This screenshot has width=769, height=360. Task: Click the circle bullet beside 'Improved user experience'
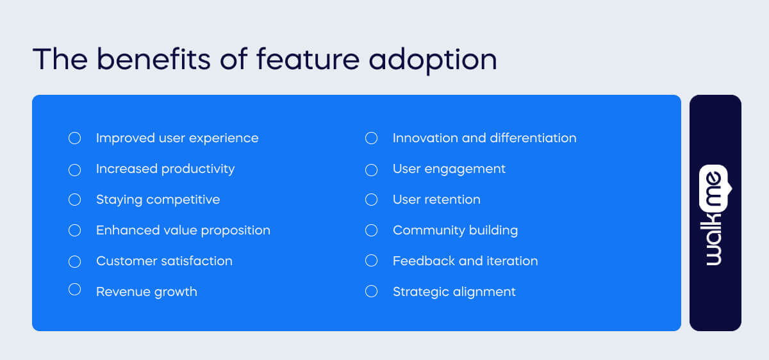coord(75,138)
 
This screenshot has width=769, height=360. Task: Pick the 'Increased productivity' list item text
coord(165,169)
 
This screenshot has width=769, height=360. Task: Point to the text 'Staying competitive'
coord(158,200)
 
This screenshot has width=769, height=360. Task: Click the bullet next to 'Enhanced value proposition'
coord(75,231)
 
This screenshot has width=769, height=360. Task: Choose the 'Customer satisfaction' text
coord(164,261)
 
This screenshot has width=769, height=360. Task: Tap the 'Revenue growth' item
coord(146,292)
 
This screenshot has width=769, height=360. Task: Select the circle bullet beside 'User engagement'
coord(372,170)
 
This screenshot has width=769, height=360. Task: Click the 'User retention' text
coord(436,200)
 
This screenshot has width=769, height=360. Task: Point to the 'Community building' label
coord(455,231)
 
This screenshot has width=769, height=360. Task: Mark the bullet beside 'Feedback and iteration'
coord(372,261)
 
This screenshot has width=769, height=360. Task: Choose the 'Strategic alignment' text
coord(454,292)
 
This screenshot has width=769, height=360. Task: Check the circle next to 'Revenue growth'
coord(75,290)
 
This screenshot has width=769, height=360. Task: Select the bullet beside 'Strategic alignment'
coord(372,291)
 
